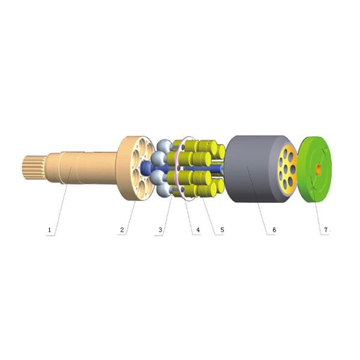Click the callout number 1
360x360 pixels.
point(49,230)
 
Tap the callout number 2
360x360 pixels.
point(122,230)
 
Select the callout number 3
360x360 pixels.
point(160,230)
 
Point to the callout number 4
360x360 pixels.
point(197,230)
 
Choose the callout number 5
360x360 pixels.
point(222,230)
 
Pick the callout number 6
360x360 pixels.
point(274,230)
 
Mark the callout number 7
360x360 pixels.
point(326,230)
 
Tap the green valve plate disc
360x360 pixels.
point(314,169)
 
